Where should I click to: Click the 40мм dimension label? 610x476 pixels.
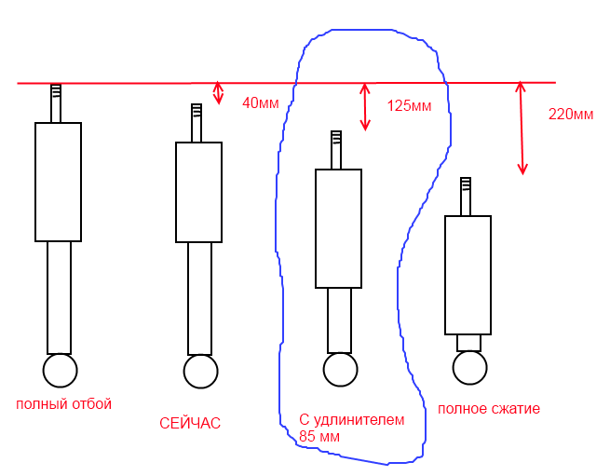[260, 103]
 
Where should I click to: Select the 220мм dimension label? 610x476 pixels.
[571, 115]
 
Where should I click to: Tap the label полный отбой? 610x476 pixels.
[63, 403]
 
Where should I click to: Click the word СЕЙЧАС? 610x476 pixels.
[190, 423]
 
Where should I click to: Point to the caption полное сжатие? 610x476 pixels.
[488, 408]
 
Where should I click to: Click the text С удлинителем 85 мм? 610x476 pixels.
[351, 428]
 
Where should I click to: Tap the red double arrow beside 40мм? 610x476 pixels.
[219, 92]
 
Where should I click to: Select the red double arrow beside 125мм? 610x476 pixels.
[365, 105]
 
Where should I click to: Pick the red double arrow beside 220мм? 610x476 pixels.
[522, 128]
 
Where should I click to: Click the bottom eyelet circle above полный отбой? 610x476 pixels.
[60, 370]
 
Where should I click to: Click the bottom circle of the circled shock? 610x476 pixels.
[339, 369]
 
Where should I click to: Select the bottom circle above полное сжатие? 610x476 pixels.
[468, 367]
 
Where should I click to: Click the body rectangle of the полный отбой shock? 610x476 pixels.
[59, 182]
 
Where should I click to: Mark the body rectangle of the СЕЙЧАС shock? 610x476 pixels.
[198, 192]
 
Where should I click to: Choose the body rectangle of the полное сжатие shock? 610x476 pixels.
[468, 275]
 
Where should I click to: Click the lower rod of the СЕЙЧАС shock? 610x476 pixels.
[199, 297]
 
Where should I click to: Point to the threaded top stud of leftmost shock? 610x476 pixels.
[56, 102]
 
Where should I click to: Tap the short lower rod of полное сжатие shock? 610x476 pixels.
[468, 342]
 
